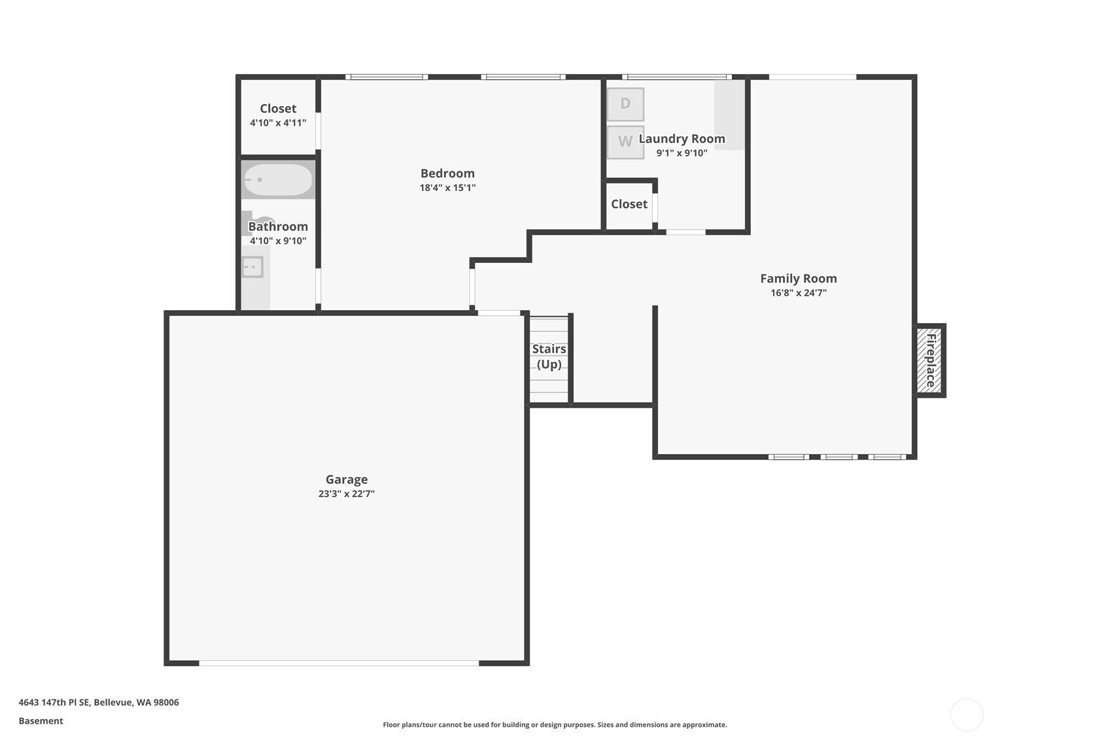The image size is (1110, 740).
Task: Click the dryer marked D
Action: tap(625, 104)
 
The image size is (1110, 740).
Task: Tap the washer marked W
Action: tap(625, 142)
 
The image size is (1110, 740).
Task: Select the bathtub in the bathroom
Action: tap(278, 179)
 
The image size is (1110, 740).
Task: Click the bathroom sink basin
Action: tap(252, 267)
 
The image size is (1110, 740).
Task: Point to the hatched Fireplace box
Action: tap(930, 361)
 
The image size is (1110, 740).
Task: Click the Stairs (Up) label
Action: tap(549, 357)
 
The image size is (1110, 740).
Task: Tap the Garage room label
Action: tap(347, 480)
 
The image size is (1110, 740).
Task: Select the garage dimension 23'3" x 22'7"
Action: tap(347, 494)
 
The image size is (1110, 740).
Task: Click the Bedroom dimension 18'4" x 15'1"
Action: tap(447, 188)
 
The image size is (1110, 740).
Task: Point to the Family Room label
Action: tap(798, 279)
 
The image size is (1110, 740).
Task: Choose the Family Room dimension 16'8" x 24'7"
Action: tap(798, 293)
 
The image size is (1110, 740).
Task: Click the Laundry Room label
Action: tap(682, 139)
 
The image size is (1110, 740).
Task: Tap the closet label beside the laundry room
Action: tap(629, 203)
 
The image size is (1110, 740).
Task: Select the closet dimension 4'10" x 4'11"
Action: tap(278, 123)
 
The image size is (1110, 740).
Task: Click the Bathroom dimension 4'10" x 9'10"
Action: tap(278, 241)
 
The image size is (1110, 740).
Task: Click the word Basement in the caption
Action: tap(41, 720)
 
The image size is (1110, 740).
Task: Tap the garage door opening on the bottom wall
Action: tap(339, 663)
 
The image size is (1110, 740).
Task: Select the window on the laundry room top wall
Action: tap(677, 77)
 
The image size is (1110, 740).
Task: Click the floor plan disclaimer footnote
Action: tap(555, 725)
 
